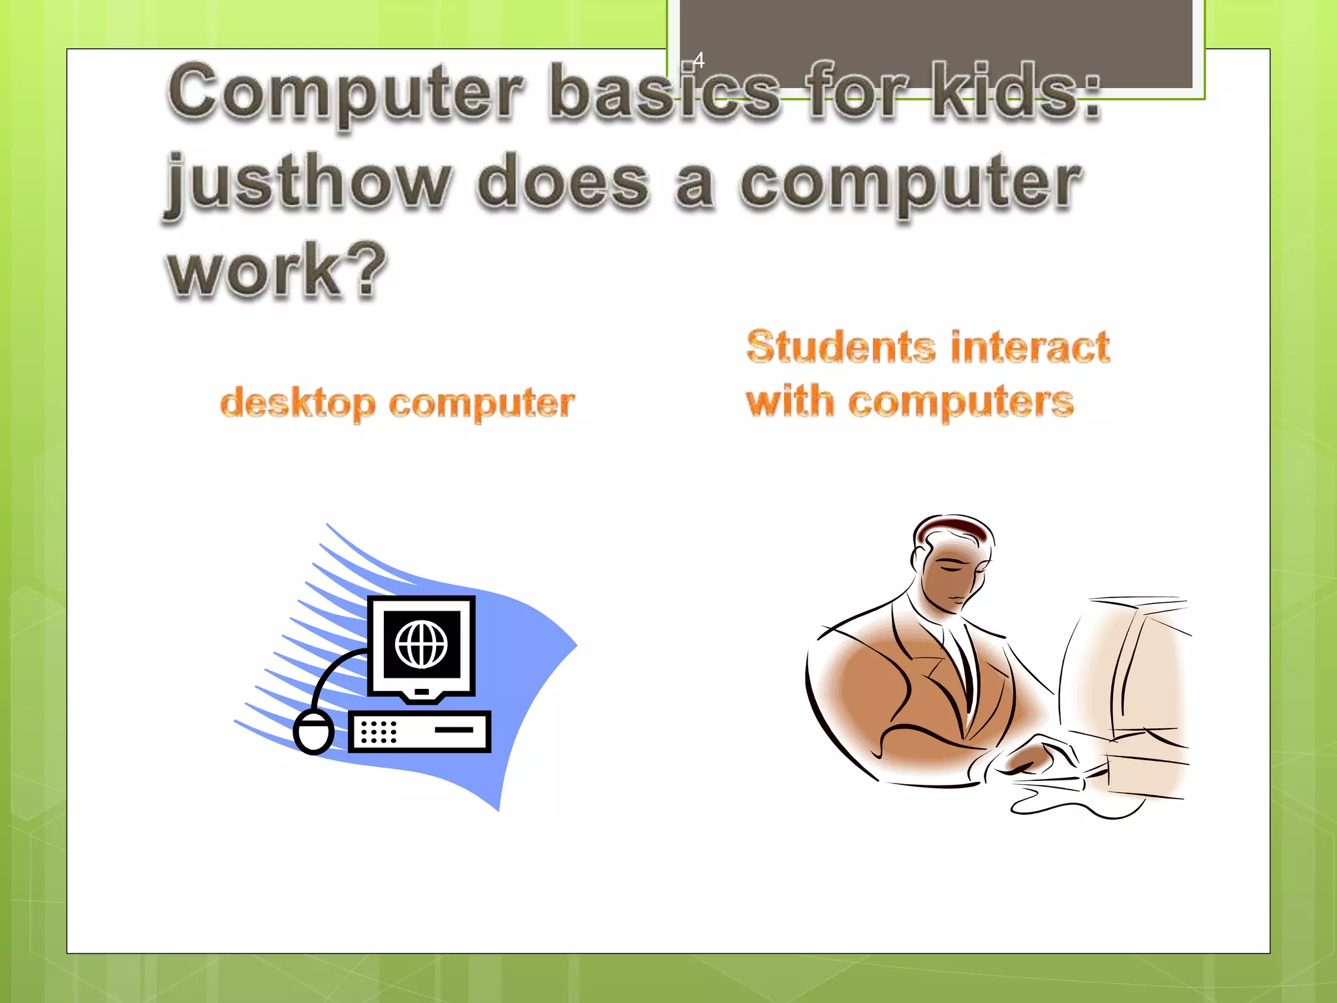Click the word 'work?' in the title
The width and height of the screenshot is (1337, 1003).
[x=277, y=270]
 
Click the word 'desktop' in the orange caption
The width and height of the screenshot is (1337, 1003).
[x=298, y=403]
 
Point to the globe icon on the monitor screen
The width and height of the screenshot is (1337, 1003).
[x=421, y=644]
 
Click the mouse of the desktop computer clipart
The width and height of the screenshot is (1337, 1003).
[x=313, y=732]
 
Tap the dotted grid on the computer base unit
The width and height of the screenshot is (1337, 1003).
[x=379, y=731]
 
